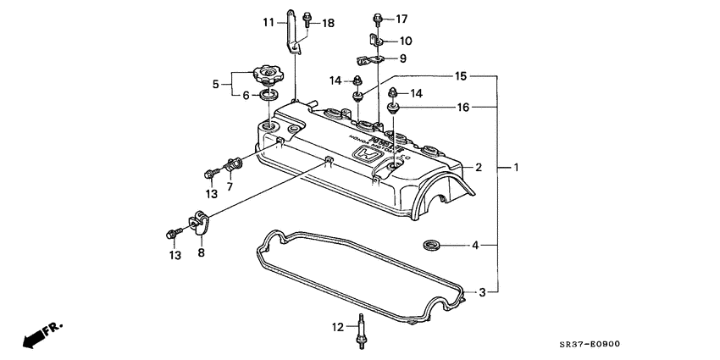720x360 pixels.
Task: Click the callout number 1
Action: tap(516, 168)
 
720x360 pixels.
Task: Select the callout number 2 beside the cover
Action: tap(478, 168)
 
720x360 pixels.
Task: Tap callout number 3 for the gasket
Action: tap(482, 292)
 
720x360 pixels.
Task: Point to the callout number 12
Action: tap(336, 327)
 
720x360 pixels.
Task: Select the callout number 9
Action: tap(402, 58)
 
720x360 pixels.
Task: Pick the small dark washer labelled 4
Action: tap(430, 246)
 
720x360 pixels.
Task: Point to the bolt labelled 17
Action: tap(375, 19)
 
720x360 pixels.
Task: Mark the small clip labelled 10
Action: tap(374, 40)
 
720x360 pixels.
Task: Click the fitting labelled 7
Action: tap(234, 163)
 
